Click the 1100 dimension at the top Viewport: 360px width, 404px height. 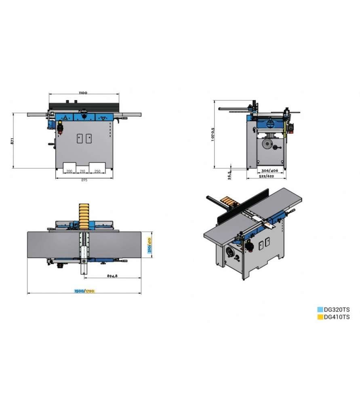[83, 93]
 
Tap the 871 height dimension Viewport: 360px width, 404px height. [12, 141]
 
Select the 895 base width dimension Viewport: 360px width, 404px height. [84, 180]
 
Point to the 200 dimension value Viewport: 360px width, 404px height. [69, 171]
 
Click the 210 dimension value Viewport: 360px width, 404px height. [82, 171]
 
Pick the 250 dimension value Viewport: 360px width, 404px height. [97, 171]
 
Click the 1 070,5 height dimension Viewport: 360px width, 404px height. [213, 134]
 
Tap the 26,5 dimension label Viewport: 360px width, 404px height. [229, 175]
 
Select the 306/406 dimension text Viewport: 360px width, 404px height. [269, 170]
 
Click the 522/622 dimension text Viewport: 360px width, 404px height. [266, 176]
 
